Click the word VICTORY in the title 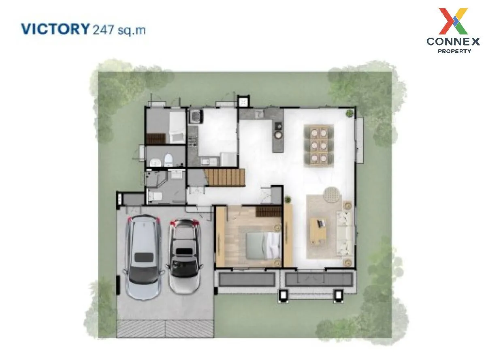(x=55, y=29)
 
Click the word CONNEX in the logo (x=453, y=41)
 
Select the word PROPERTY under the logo (x=454, y=51)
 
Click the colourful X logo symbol (x=453, y=21)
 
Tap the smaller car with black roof (x=185, y=256)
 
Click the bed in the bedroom (x=263, y=246)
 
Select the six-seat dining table (x=319, y=146)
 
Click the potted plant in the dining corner (x=349, y=113)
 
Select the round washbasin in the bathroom (x=156, y=163)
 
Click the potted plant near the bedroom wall (x=288, y=199)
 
